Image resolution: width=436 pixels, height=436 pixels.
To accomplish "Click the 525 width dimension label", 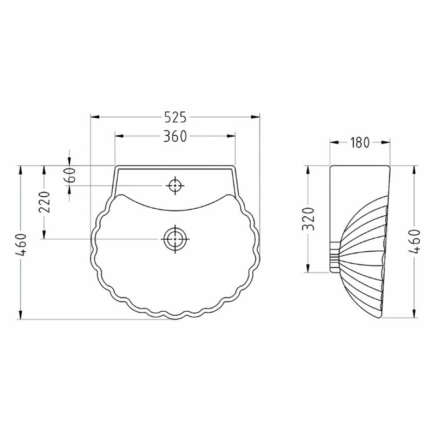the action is click(175, 117).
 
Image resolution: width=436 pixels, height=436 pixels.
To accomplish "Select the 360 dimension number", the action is click(175, 136).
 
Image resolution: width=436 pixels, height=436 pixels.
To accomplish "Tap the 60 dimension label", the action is click(71, 175).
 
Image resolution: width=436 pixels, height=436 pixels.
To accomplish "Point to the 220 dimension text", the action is click(45, 202).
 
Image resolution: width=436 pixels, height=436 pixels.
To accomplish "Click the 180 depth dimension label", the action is click(360, 142).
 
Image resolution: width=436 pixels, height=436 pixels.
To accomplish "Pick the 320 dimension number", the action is click(308, 219).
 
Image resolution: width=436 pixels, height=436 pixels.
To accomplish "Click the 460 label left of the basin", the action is click(22, 245).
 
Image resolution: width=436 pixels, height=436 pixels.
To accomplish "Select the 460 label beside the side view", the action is click(414, 241).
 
